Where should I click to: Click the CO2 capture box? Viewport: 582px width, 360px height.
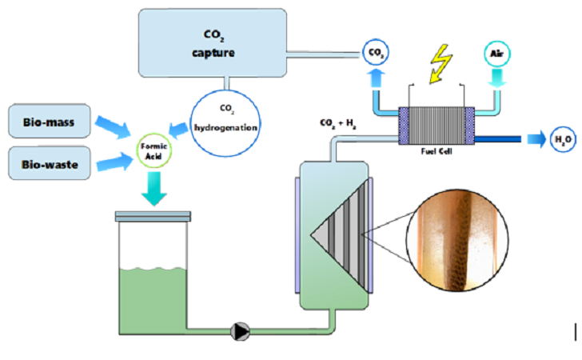point(213,43)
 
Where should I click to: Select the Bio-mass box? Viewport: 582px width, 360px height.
point(50,121)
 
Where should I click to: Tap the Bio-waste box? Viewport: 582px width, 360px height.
point(50,163)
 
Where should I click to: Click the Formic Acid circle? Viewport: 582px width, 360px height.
point(153,151)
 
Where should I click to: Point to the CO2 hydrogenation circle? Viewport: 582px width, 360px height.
point(225,122)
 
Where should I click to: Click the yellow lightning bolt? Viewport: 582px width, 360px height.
point(440,63)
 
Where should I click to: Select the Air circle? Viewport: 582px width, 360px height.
point(497,54)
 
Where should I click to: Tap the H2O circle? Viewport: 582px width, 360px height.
point(563,139)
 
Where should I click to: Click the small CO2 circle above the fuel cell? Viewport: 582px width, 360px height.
point(376,52)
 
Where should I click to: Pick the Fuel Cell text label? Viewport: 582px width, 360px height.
point(436,151)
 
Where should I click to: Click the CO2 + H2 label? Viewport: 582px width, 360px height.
point(337,123)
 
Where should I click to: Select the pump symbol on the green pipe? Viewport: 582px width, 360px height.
point(240,331)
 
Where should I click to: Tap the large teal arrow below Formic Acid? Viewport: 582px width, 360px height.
point(154,189)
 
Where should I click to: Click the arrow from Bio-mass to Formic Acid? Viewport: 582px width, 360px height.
point(113,126)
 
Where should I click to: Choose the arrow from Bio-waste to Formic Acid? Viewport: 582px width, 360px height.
point(114,162)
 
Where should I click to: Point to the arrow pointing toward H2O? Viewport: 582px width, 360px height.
point(536,139)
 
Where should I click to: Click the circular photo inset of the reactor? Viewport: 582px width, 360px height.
point(457,240)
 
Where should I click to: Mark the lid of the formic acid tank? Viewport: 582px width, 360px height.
point(153,216)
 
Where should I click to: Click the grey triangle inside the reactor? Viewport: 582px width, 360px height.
point(339,234)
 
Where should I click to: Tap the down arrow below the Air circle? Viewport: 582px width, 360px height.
point(497,78)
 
